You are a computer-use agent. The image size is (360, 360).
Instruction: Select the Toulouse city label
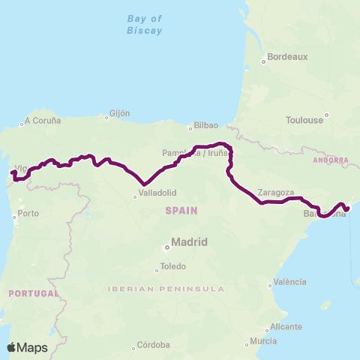(x=304, y=119)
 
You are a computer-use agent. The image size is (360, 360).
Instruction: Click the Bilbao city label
(x=205, y=125)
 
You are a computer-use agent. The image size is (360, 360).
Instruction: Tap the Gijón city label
(x=119, y=114)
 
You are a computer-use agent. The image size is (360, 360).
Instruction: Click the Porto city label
(x=28, y=214)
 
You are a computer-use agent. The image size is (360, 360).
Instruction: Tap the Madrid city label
(x=189, y=242)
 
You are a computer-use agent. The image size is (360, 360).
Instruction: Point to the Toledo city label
(x=172, y=267)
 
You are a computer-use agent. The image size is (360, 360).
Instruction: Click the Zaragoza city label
(x=274, y=192)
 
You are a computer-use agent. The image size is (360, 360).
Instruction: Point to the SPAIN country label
(x=181, y=211)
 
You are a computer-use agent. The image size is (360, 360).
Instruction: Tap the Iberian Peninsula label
(x=166, y=289)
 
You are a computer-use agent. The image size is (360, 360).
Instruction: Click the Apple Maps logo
(x=27, y=347)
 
